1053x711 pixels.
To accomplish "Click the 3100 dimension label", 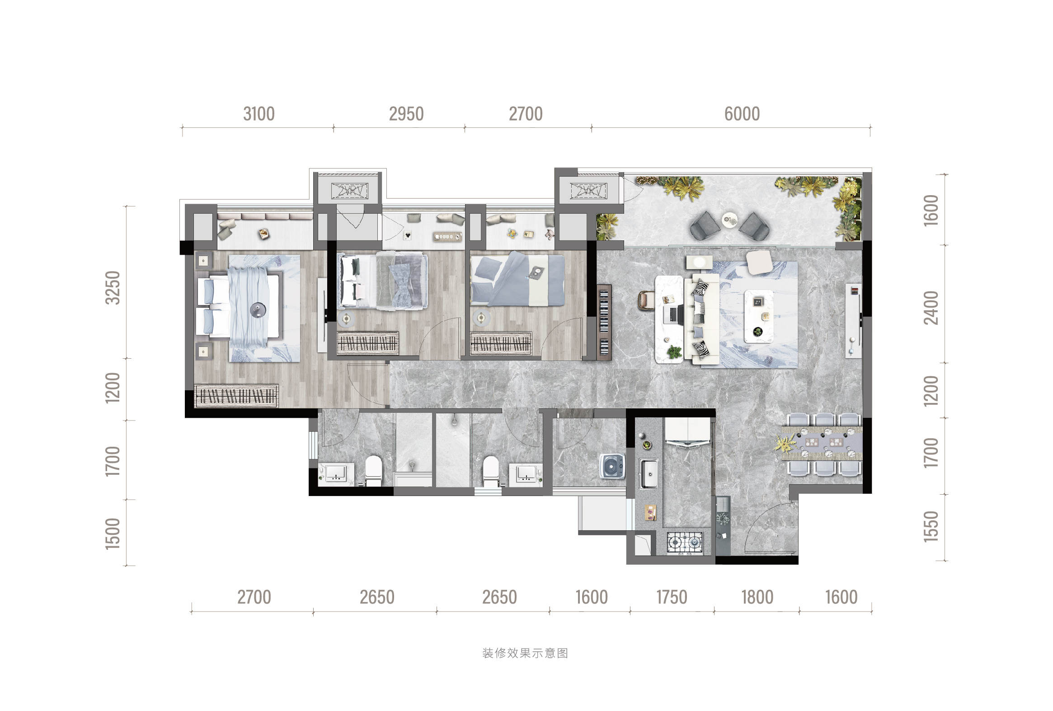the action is coord(259,114).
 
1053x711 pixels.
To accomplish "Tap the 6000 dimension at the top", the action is coord(742,114).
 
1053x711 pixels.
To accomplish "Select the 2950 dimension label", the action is coord(406,114).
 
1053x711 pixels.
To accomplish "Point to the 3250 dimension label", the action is coord(113,288).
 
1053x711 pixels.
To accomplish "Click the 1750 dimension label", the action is coord(672,597).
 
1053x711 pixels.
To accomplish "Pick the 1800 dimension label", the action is coord(757,597).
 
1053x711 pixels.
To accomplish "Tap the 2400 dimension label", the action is coord(931,308).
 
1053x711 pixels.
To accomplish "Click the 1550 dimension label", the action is coord(931,526).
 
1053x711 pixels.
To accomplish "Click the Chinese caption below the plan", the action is coord(525,653).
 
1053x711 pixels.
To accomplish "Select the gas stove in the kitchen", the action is coord(685,543).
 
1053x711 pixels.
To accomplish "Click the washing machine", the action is coord(611,466).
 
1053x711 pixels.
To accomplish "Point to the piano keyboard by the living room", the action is coord(604,322).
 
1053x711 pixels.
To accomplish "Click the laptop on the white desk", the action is coord(674,314).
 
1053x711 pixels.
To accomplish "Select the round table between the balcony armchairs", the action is coord(729,220).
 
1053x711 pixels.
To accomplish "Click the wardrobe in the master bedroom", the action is coord(236,396).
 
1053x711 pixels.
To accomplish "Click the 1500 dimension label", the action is coord(113,533).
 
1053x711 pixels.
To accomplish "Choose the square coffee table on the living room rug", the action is coord(759,317).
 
